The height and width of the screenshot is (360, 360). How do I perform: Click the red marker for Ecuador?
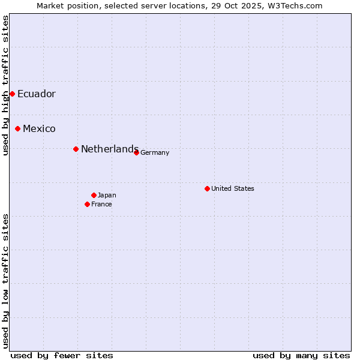coord(12,94)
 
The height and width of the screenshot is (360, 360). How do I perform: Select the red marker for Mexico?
coord(18,128)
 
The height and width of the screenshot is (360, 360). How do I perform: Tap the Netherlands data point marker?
coord(76,149)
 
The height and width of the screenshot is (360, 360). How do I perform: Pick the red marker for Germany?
coord(136,152)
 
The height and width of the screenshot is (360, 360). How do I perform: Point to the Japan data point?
coord(94,195)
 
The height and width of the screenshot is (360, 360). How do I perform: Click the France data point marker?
coord(87,204)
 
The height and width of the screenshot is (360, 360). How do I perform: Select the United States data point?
coord(207,188)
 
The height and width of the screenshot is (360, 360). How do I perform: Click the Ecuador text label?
coord(36,94)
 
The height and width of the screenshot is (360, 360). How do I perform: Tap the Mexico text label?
coord(39,128)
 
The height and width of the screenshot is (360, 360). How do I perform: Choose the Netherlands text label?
coord(109,149)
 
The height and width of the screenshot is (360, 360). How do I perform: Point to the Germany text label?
coord(155,152)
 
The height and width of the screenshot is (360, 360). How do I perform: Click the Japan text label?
coord(107,195)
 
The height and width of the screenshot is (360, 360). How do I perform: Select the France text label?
coord(101,204)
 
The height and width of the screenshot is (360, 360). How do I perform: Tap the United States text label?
coord(232,188)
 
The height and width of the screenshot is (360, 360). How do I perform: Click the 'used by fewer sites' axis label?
coord(62,355)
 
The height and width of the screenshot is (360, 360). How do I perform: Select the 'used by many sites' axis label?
coord(301,355)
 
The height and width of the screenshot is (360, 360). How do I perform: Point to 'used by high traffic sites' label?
coord(5,85)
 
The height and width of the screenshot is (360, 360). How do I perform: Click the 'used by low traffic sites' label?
coord(5,281)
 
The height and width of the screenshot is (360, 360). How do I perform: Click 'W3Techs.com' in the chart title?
coord(296,5)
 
